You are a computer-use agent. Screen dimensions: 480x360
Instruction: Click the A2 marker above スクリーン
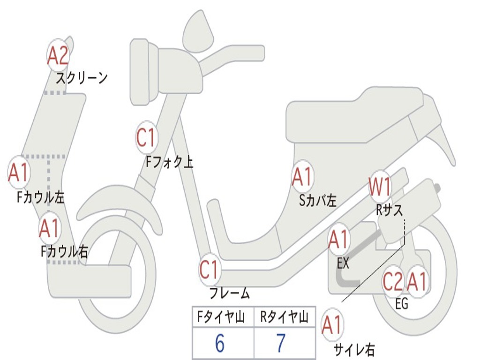point(58,56)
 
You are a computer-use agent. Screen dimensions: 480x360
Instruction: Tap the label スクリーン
point(82,77)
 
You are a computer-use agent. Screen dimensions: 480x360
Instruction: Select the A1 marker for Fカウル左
point(19,173)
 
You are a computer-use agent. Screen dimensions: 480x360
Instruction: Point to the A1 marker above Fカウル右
point(50,228)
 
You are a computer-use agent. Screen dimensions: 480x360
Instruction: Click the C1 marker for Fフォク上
point(146,138)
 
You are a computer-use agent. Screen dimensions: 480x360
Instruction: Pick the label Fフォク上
point(169,162)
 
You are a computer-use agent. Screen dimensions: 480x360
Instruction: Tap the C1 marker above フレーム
point(209,270)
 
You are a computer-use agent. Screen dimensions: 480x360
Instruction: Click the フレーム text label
point(229,293)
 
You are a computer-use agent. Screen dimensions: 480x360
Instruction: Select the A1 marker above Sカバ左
point(302,177)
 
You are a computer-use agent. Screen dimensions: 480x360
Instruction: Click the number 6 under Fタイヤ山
point(219,344)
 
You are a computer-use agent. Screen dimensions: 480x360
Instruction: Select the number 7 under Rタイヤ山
point(281,344)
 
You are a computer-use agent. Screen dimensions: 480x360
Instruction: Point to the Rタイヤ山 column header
point(284,318)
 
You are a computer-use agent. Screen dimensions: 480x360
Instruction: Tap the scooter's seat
point(356,112)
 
